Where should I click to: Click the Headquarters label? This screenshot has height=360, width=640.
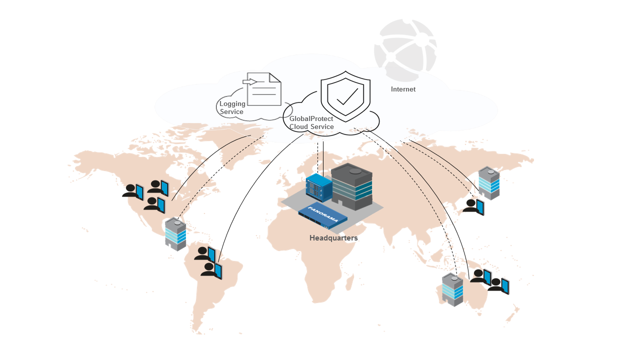pos(333,238)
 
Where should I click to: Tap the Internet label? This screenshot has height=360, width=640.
pos(403,89)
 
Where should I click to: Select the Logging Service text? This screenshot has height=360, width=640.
pos(232,108)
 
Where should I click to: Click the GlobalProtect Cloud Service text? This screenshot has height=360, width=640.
pos(311,122)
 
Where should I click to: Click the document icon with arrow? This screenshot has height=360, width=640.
pos(263,89)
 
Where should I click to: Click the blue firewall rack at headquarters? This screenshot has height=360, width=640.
pos(319,185)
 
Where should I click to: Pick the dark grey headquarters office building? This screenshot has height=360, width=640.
pos(352,185)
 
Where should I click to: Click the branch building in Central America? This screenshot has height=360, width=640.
pos(175,233)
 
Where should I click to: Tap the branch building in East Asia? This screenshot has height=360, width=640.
pos(488,183)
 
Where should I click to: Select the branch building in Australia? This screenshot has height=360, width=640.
pos(452,289)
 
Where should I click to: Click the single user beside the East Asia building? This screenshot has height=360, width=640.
pos(473,206)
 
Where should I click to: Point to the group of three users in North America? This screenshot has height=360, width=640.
pos(145,195)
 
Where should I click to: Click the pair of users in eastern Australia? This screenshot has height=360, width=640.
pos(490,281)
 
